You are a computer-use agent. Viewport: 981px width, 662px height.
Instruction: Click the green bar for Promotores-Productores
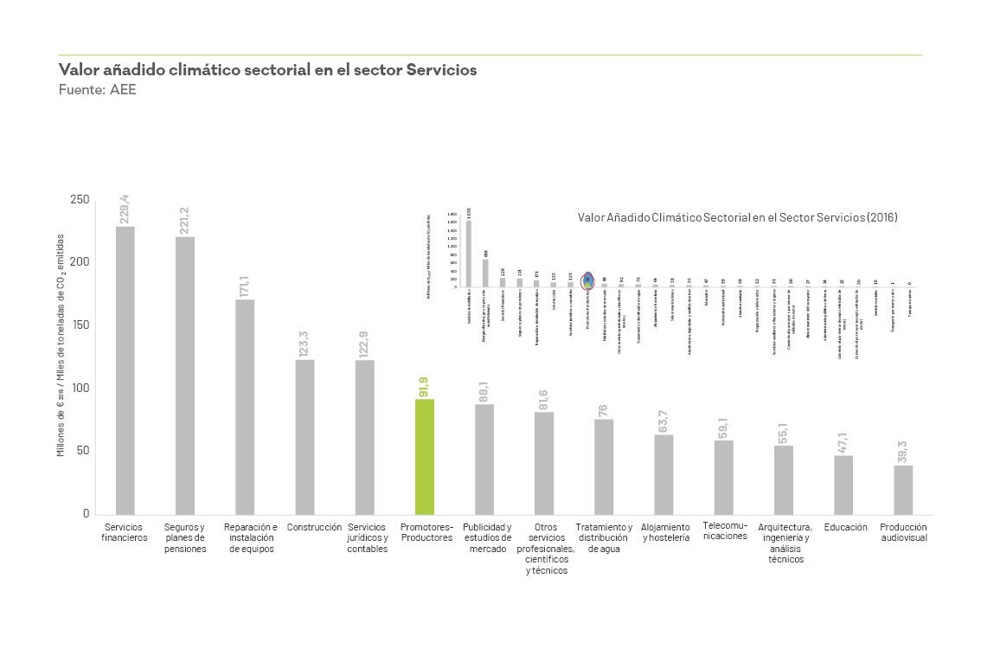click(x=424, y=457)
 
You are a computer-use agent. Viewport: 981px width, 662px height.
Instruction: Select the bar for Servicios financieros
click(x=125, y=370)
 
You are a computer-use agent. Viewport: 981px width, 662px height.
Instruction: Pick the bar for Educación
click(x=843, y=485)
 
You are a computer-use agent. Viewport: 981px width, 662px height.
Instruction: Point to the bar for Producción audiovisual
click(x=903, y=490)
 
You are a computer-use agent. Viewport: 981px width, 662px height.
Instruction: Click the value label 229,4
click(x=125, y=209)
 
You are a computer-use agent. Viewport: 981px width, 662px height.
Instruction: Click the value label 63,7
click(x=664, y=421)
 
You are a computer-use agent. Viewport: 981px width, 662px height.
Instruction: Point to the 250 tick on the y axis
click(x=80, y=200)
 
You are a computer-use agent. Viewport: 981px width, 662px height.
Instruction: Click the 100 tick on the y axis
click(x=80, y=389)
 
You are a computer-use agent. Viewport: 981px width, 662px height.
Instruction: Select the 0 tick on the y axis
click(x=86, y=514)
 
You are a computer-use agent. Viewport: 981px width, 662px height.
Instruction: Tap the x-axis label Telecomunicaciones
click(x=724, y=530)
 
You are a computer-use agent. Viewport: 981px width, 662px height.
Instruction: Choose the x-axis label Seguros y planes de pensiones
click(x=185, y=538)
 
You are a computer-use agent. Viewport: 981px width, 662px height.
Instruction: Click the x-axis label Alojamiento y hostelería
click(x=666, y=532)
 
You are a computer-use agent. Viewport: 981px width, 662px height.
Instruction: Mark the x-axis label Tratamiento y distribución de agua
click(x=604, y=538)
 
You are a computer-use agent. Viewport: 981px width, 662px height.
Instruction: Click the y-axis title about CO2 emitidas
click(x=61, y=344)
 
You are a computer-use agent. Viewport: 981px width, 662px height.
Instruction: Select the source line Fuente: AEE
click(x=97, y=90)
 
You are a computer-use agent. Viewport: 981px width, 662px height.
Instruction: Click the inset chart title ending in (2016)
click(x=737, y=218)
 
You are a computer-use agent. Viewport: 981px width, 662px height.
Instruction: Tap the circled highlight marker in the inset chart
click(x=587, y=279)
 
